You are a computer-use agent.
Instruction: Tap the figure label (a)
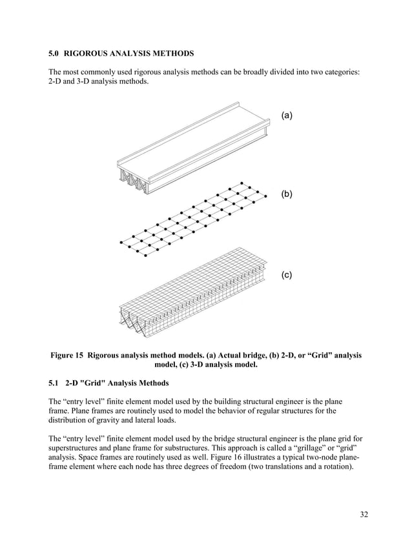[287, 115]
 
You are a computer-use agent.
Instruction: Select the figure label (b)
[287, 194]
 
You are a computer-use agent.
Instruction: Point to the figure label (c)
[287, 275]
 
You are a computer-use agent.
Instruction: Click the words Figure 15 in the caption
[67, 355]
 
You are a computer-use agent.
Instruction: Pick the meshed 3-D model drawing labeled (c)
[194, 290]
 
